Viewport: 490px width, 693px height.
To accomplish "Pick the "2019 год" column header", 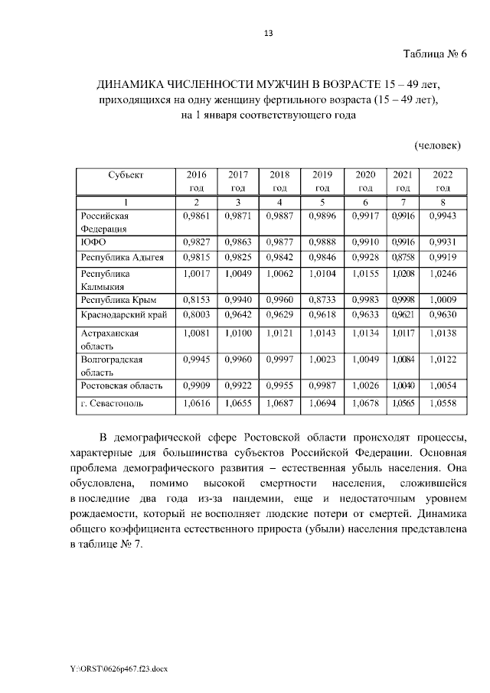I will pos(322,181).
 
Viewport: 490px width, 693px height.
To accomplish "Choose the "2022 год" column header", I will pos(443,181).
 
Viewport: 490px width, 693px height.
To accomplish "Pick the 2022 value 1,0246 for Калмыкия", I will pos(443,272).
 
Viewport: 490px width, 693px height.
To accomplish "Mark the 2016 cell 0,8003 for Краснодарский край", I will pos(197,314).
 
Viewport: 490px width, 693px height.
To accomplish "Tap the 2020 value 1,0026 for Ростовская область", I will pos(365,384).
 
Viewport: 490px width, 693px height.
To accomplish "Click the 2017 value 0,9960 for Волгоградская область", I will pos(238,359).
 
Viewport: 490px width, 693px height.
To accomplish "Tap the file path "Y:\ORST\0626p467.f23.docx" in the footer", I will pos(119,669).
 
